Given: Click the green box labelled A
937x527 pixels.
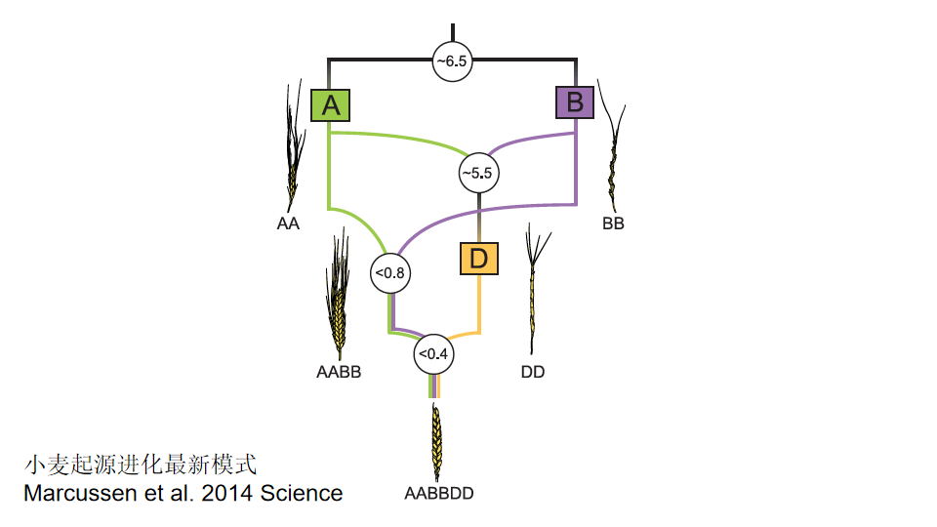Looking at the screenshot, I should [331, 104].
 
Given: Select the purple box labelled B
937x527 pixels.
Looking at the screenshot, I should [575, 101].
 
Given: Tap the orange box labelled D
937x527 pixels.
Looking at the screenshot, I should [479, 259].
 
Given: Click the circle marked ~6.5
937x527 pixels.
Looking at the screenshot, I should [453, 61].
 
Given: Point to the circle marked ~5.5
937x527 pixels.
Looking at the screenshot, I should [479, 172].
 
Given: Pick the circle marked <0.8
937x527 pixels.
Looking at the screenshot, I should [388, 272].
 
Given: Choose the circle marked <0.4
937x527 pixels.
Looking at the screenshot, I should [432, 354].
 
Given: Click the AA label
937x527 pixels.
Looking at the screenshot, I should [288, 223].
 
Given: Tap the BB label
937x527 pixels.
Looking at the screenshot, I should [613, 223].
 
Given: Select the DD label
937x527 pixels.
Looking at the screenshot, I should [533, 372].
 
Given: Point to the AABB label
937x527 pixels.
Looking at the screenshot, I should [339, 372].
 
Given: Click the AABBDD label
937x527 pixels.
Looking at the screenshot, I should [439, 493].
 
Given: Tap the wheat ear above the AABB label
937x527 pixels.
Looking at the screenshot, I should [337, 298].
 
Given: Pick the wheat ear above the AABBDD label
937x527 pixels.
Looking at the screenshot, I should [436, 439].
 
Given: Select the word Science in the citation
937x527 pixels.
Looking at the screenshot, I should [302, 493].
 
